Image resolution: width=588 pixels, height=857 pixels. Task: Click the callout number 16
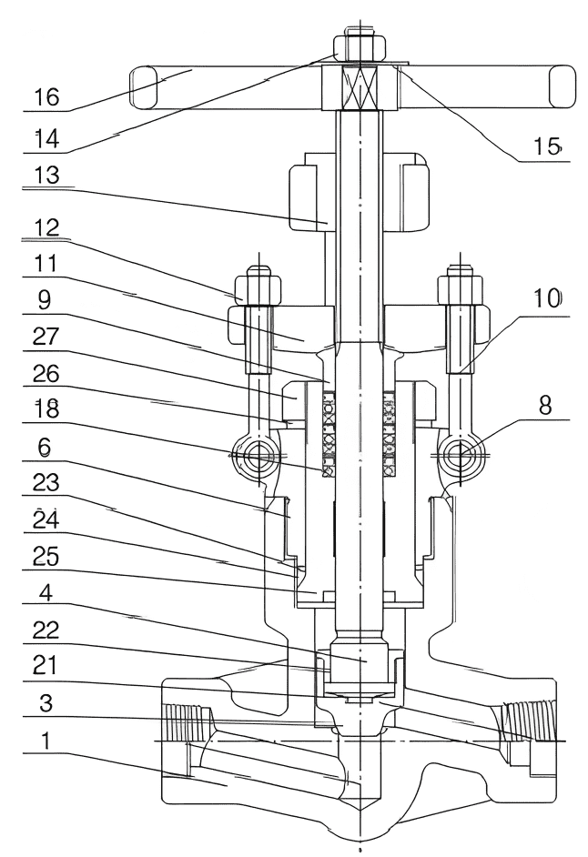[x=47, y=97]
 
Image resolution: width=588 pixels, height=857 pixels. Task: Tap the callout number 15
[x=548, y=146]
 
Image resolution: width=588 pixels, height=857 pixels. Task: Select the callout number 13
[x=47, y=176]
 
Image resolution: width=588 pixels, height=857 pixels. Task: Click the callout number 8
[x=545, y=406]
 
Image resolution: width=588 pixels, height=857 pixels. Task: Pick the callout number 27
[x=46, y=336]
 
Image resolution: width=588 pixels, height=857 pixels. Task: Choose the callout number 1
[x=46, y=741]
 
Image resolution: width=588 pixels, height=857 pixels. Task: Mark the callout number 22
[x=46, y=630]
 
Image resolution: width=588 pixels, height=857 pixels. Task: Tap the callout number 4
[x=46, y=592]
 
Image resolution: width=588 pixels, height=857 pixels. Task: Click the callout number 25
[x=46, y=557]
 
